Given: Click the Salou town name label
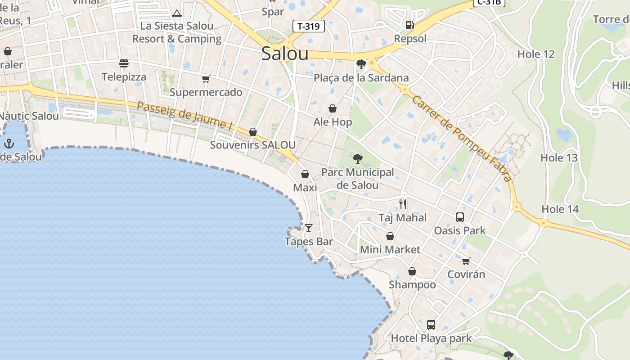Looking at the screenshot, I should click(284, 54).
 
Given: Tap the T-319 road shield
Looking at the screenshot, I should click(309, 26).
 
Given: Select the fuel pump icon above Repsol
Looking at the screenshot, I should click(409, 25).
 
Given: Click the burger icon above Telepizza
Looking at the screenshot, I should click(124, 63).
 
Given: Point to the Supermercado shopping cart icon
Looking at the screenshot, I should click(206, 79).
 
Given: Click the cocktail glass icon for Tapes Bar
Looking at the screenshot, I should click(308, 228).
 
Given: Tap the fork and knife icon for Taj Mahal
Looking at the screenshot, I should click(403, 204).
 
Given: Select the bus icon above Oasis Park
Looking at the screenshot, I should click(459, 217).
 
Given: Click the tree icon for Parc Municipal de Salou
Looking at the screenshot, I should click(358, 158).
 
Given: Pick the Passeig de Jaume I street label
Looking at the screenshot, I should click(184, 116).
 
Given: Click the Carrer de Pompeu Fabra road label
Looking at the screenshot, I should click(462, 139).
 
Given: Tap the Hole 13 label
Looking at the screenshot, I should click(559, 158).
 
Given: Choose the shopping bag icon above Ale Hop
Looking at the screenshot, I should click(333, 108).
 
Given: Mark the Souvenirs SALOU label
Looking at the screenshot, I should click(253, 145).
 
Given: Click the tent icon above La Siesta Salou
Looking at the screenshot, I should click(177, 13).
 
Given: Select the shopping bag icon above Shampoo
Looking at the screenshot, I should click(412, 271).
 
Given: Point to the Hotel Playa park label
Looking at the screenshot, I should click(431, 338).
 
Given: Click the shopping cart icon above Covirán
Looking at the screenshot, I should click(466, 261).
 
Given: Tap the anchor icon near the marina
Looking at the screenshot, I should click(9, 144).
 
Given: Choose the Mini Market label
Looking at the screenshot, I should click(390, 249).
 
